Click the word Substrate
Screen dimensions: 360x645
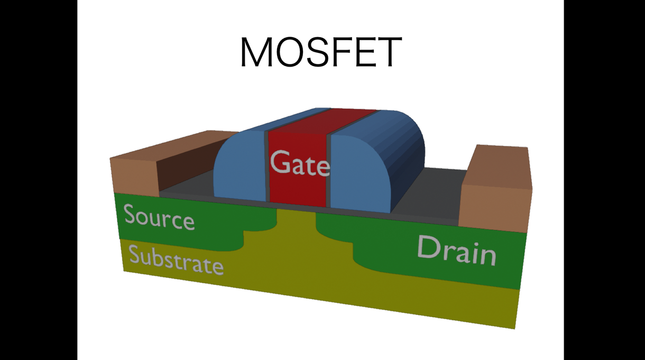pyautogui.click(x=176, y=260)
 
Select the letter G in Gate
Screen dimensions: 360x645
pyautogui.click(x=281, y=162)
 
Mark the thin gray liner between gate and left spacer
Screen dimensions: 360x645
pyautogui.click(x=266, y=167)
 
